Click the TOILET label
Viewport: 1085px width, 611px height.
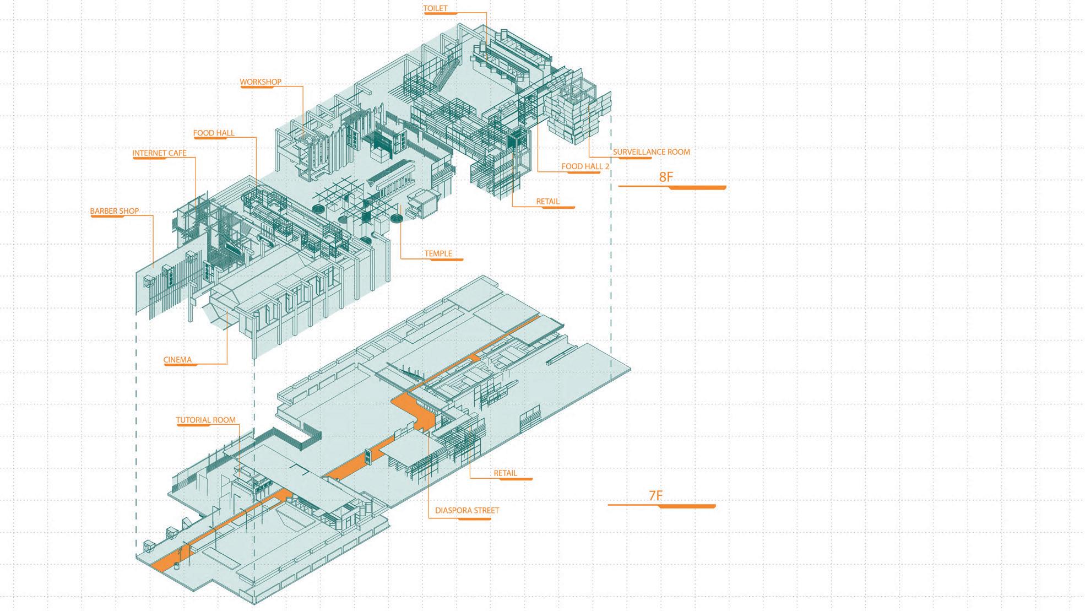tap(435, 8)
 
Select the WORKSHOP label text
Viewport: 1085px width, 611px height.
tap(261, 82)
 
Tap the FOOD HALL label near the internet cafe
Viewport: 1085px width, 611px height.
tap(214, 133)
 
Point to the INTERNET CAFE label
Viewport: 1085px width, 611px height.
tap(159, 153)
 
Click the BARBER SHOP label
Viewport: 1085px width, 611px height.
tap(115, 211)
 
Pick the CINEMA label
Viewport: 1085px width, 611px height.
tap(177, 360)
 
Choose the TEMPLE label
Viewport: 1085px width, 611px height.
tap(438, 254)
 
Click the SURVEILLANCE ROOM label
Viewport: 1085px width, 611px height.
tap(651, 152)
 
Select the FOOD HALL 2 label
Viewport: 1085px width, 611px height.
tap(585, 166)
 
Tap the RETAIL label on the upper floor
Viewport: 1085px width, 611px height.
tap(547, 202)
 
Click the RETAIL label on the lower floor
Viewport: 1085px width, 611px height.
tap(505, 473)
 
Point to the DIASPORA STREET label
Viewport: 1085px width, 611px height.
tap(466, 510)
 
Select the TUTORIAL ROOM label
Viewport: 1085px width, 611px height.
tap(205, 420)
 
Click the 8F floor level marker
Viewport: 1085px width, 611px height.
tap(666, 177)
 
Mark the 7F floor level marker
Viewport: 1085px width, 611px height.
tap(655, 495)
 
